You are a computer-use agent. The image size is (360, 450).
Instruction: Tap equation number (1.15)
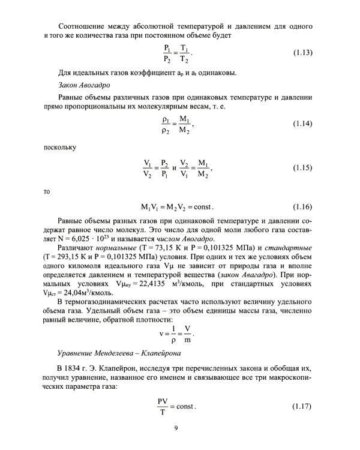pyautogui.click(x=302, y=167)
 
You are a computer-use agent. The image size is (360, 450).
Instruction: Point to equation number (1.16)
pyautogui.click(x=302, y=207)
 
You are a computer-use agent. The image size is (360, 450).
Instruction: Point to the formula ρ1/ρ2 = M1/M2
pyautogui.click(x=178, y=124)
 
